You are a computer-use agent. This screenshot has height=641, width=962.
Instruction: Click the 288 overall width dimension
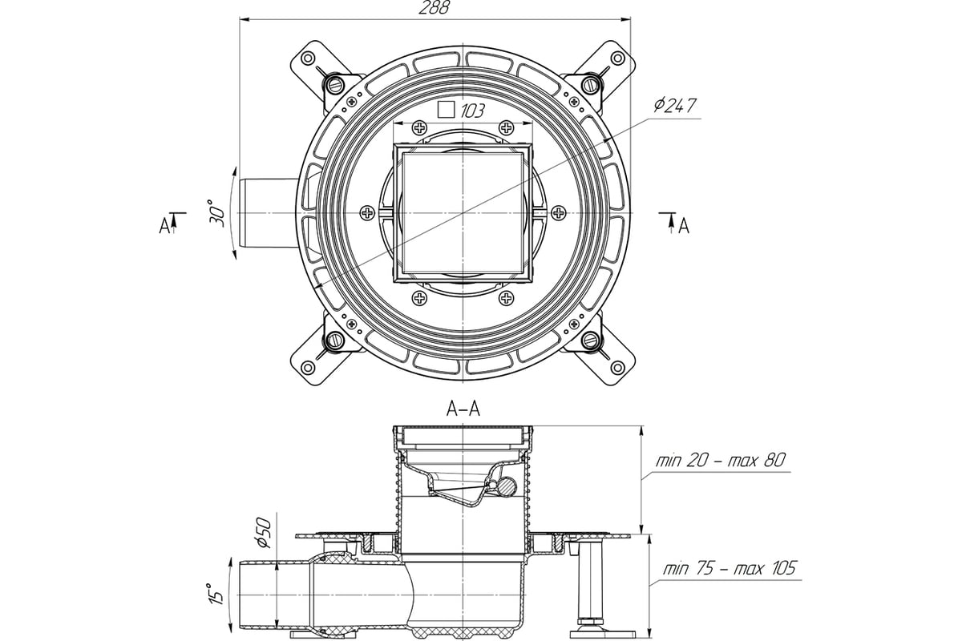(434, 8)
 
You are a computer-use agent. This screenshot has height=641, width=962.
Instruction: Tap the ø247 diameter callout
(675, 106)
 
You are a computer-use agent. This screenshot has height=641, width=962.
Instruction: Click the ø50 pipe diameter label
(263, 534)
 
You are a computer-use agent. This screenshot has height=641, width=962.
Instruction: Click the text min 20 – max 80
(720, 461)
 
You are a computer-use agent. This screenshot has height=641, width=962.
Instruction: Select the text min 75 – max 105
(730, 568)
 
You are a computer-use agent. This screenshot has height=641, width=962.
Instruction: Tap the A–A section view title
(463, 409)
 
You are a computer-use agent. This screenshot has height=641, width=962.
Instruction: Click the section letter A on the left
(164, 226)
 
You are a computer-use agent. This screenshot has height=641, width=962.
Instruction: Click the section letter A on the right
(684, 226)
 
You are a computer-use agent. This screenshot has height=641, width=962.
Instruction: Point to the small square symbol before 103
(447, 110)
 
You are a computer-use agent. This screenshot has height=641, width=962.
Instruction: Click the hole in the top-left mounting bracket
(308, 58)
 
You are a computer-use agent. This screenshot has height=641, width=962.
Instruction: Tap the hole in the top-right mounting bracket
(617, 58)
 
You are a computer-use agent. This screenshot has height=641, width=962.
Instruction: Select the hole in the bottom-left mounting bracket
(308, 368)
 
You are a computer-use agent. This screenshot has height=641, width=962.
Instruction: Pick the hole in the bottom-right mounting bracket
(617, 368)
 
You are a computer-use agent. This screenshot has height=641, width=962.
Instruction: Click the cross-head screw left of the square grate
(367, 212)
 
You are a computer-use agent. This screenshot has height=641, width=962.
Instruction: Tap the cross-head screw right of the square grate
(558, 212)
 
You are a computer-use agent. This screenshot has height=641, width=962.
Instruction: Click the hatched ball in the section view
(507, 486)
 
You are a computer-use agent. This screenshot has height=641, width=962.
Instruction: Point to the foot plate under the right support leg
(602, 634)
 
